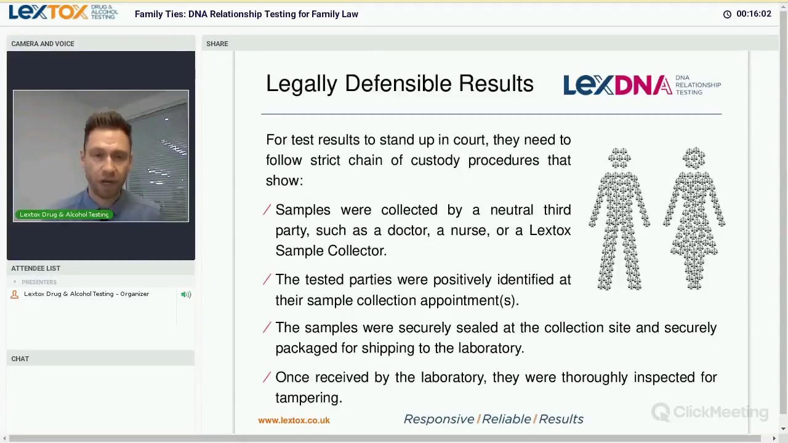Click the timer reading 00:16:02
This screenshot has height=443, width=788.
pos(754,14)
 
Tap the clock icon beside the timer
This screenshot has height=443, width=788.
pos(727,14)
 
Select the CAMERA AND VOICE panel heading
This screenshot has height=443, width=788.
pos(42,44)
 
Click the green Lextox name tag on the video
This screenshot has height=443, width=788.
pos(64,214)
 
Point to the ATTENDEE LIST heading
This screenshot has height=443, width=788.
pos(36,268)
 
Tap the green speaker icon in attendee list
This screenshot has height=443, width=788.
pos(186,294)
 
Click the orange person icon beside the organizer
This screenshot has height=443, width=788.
pos(15,294)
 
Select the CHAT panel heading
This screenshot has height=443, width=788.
pos(20,359)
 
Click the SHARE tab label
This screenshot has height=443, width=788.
pos(217,44)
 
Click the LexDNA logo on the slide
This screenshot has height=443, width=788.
pos(641,85)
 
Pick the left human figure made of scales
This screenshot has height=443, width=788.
pos(619,218)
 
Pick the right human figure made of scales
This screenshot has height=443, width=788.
pos(694,218)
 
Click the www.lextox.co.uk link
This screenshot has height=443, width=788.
pos(294,420)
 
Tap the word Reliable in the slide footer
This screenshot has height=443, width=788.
pos(506,419)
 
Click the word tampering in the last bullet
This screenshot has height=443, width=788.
pos(308,398)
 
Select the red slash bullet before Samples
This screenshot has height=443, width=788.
pos(267,210)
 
